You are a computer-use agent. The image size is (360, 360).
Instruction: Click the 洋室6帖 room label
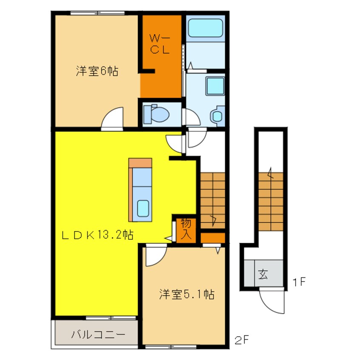(x=97, y=71)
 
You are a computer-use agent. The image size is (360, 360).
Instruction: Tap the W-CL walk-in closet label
(x=160, y=44)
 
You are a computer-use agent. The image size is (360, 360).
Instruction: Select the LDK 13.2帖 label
(x=97, y=235)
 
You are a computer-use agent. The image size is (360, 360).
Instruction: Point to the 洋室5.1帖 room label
(x=187, y=294)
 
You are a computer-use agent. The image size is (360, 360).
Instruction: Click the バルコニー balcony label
(x=98, y=334)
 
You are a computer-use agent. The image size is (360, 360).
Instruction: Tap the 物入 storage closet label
(x=186, y=229)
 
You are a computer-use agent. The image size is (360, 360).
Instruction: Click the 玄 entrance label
(x=263, y=274)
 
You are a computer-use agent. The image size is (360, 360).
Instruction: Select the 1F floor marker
(x=299, y=282)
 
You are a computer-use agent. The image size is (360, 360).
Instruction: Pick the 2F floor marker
(x=242, y=340)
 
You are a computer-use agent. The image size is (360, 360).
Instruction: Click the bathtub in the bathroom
(x=205, y=28)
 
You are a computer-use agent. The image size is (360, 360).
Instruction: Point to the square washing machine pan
(x=215, y=86)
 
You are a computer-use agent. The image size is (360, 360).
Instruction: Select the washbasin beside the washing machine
(x=217, y=116)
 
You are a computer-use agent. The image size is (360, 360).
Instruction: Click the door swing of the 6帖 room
(x=112, y=117)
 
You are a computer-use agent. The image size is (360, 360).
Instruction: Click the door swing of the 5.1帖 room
(x=156, y=256)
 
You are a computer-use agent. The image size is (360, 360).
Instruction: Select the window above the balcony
(x=111, y=318)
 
